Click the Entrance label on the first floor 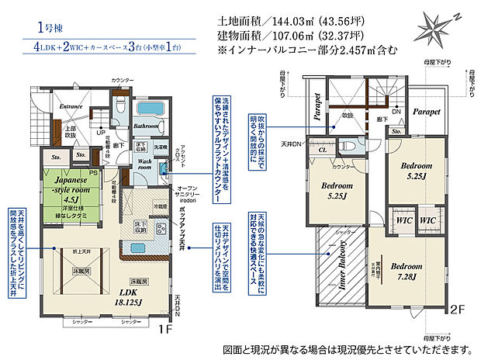72,106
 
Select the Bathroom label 146,124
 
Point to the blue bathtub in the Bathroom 147,109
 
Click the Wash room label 145,166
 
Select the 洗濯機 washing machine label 160,147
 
